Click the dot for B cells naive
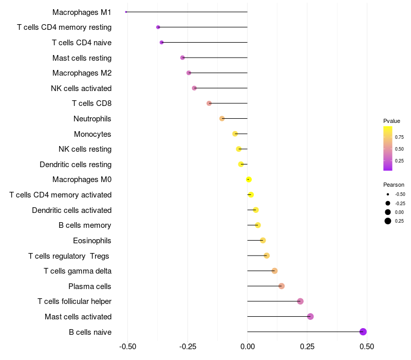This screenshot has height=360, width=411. point(363,332)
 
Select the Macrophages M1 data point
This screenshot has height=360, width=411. point(126,12)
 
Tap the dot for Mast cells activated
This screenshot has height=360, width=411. point(310,317)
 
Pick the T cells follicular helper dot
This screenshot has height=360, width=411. point(301,301)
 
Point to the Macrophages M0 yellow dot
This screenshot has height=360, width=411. point(249,179)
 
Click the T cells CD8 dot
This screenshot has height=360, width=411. point(209,103)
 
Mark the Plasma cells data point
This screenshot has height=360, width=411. point(282,286)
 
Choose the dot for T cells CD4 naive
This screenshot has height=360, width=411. point(162,42)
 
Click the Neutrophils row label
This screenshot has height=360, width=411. point(92,119)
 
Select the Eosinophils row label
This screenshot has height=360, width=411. point(92,241)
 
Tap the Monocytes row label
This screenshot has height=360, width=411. point(92,134)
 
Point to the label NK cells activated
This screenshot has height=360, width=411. point(81,88)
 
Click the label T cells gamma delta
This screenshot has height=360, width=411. point(78,271)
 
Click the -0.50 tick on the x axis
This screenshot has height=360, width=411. point(127,347)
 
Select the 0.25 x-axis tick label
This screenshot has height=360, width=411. point(307,347)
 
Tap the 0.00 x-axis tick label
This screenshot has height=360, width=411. point(247,347)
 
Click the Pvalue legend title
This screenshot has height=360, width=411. point(391,121)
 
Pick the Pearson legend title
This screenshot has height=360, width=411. point(394,185)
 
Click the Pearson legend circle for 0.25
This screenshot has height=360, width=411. point(388,221)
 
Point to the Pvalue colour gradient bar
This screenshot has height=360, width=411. point(388,148)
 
